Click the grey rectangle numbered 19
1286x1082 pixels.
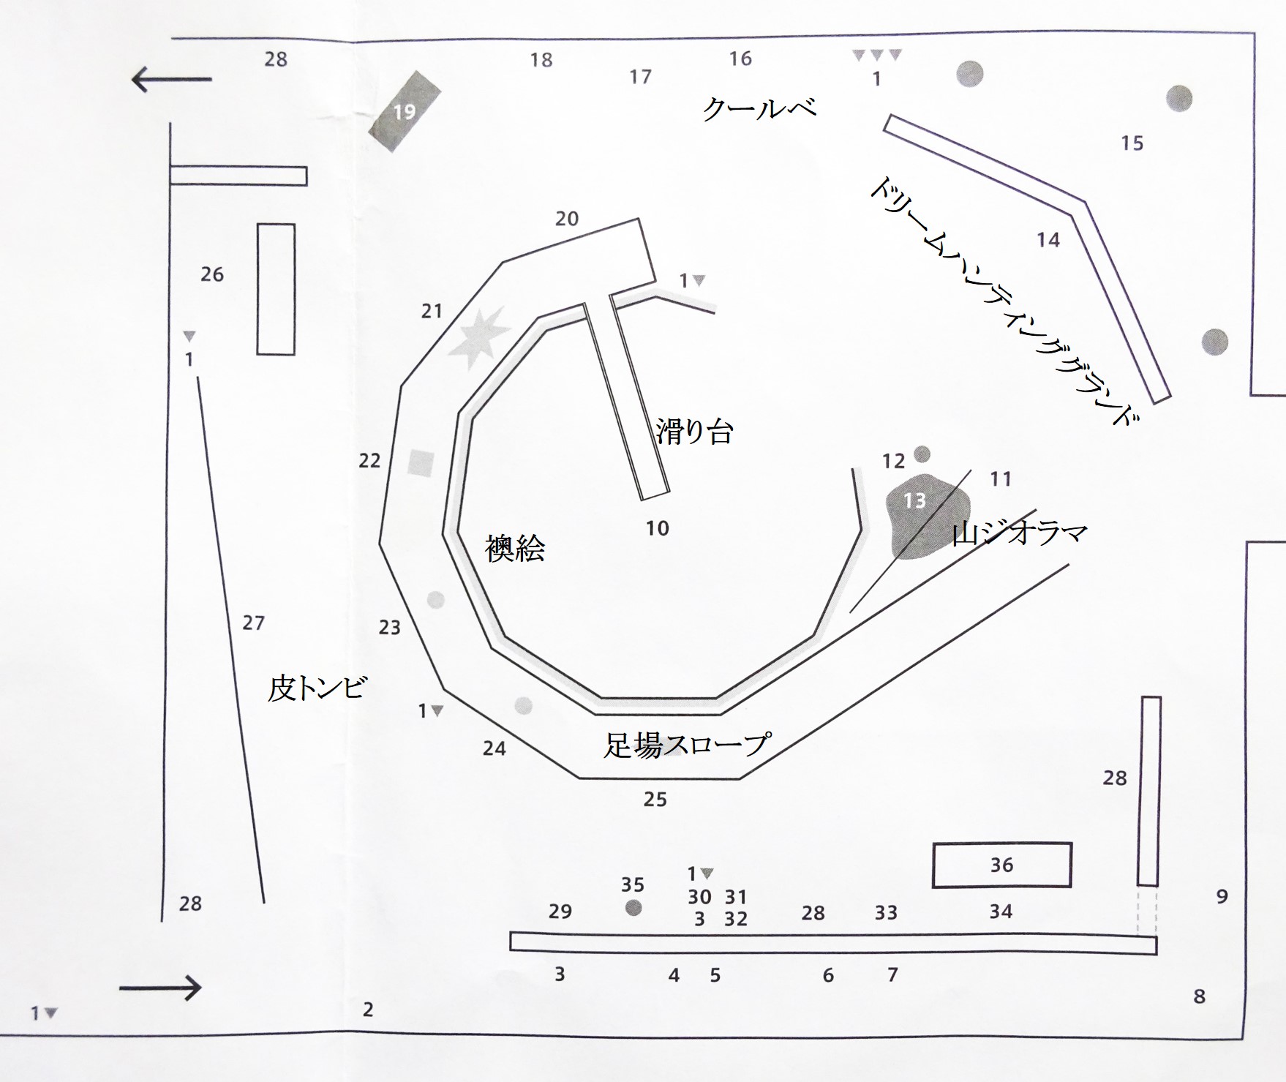405,111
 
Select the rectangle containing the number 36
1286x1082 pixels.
1001,865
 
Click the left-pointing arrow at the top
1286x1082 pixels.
171,79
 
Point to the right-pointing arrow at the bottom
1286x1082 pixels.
160,988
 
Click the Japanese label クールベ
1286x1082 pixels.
759,109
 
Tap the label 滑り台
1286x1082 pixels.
694,432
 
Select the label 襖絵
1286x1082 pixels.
515,548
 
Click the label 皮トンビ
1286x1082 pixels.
317,688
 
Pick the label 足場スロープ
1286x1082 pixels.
687,745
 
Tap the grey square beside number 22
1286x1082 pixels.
421,463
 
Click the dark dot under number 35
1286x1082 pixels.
633,908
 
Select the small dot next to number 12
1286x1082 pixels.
922,454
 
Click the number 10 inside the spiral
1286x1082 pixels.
657,528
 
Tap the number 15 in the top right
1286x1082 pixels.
1132,143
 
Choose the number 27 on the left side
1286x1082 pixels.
253,623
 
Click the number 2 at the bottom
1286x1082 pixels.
368,1010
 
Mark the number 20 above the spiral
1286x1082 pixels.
566,219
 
